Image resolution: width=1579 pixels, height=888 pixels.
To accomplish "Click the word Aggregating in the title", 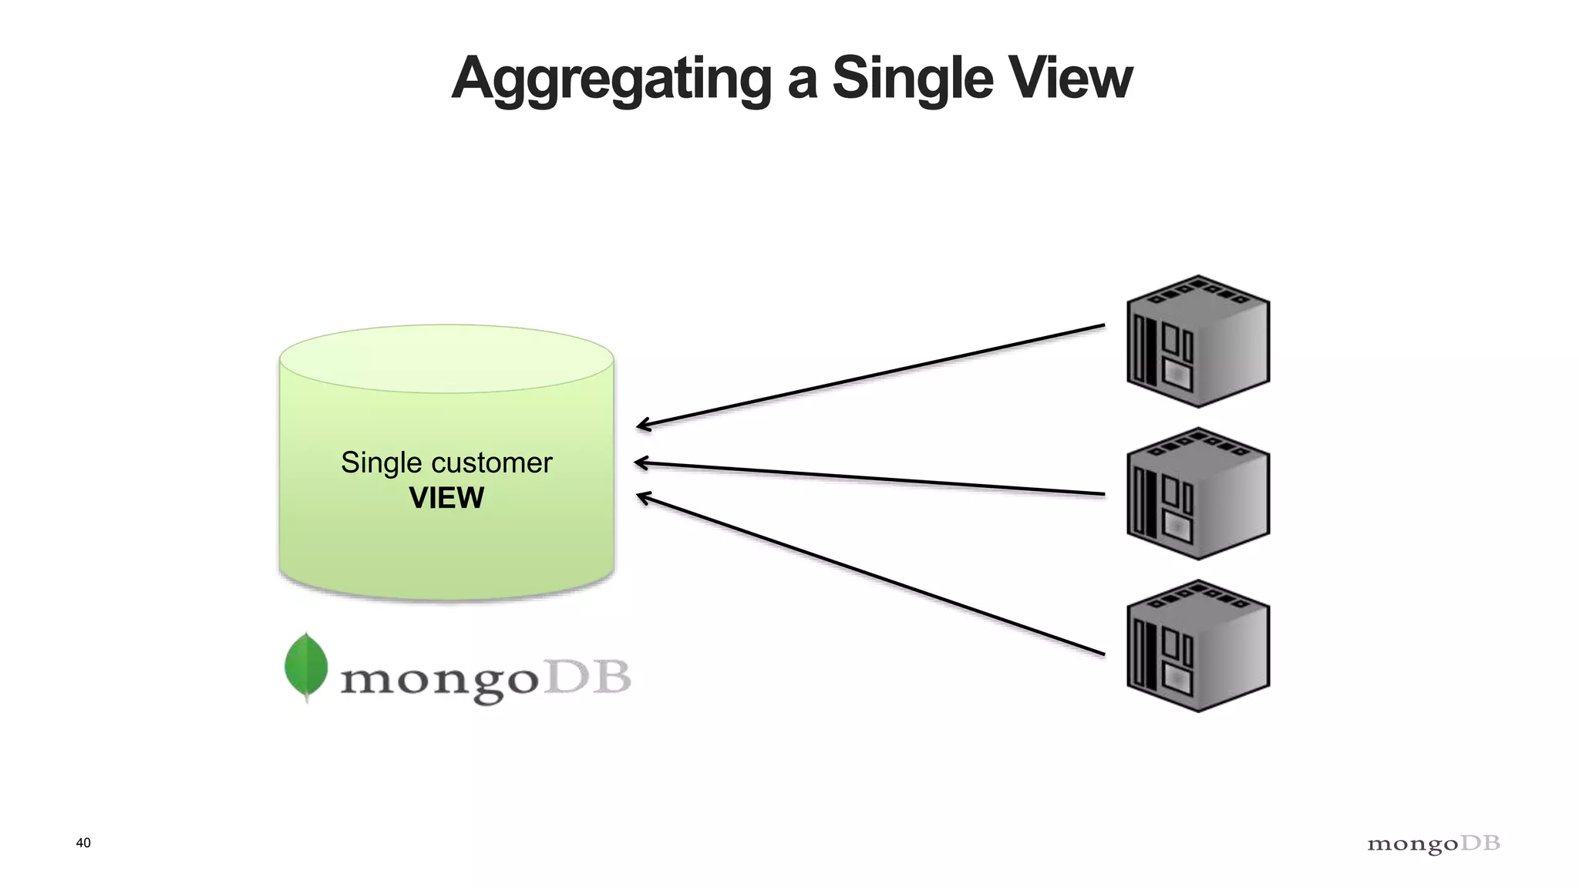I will (x=611, y=79).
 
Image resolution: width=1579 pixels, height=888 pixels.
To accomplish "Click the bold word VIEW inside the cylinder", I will (x=446, y=498).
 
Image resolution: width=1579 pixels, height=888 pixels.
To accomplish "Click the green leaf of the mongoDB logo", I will (x=306, y=666).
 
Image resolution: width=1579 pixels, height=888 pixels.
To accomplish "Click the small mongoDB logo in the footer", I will (x=1433, y=844).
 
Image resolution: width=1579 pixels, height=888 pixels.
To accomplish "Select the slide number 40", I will (x=83, y=843).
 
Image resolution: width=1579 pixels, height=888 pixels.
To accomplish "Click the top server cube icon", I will (x=1197, y=341).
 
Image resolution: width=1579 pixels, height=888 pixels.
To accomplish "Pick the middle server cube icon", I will (x=1197, y=494).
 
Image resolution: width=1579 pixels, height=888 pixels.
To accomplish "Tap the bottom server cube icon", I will (x=1197, y=646).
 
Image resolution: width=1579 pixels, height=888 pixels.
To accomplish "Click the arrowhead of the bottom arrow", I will (x=641, y=497).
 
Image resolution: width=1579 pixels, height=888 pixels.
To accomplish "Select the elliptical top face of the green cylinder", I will (x=446, y=359).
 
